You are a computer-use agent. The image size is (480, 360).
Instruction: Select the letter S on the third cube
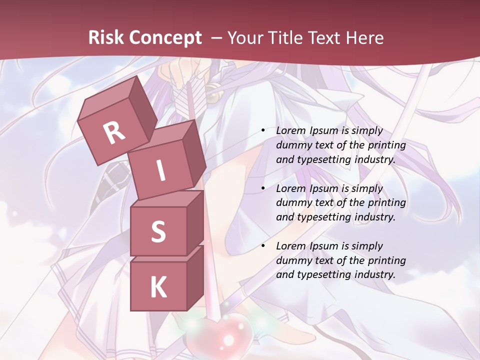pyautogui.click(x=158, y=231)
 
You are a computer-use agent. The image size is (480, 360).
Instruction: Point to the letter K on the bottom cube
pyautogui.click(x=158, y=287)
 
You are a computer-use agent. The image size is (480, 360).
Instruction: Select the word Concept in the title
pyautogui.click(x=165, y=38)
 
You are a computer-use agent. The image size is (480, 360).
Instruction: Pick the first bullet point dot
pyautogui.click(x=263, y=131)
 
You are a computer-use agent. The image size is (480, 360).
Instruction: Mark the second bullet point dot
pyautogui.click(x=263, y=189)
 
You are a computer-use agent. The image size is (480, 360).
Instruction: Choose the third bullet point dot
pyautogui.click(x=263, y=246)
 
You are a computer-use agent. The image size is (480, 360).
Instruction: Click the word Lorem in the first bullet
pyautogui.click(x=290, y=131)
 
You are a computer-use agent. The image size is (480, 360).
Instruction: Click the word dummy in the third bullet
pyautogui.click(x=293, y=260)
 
